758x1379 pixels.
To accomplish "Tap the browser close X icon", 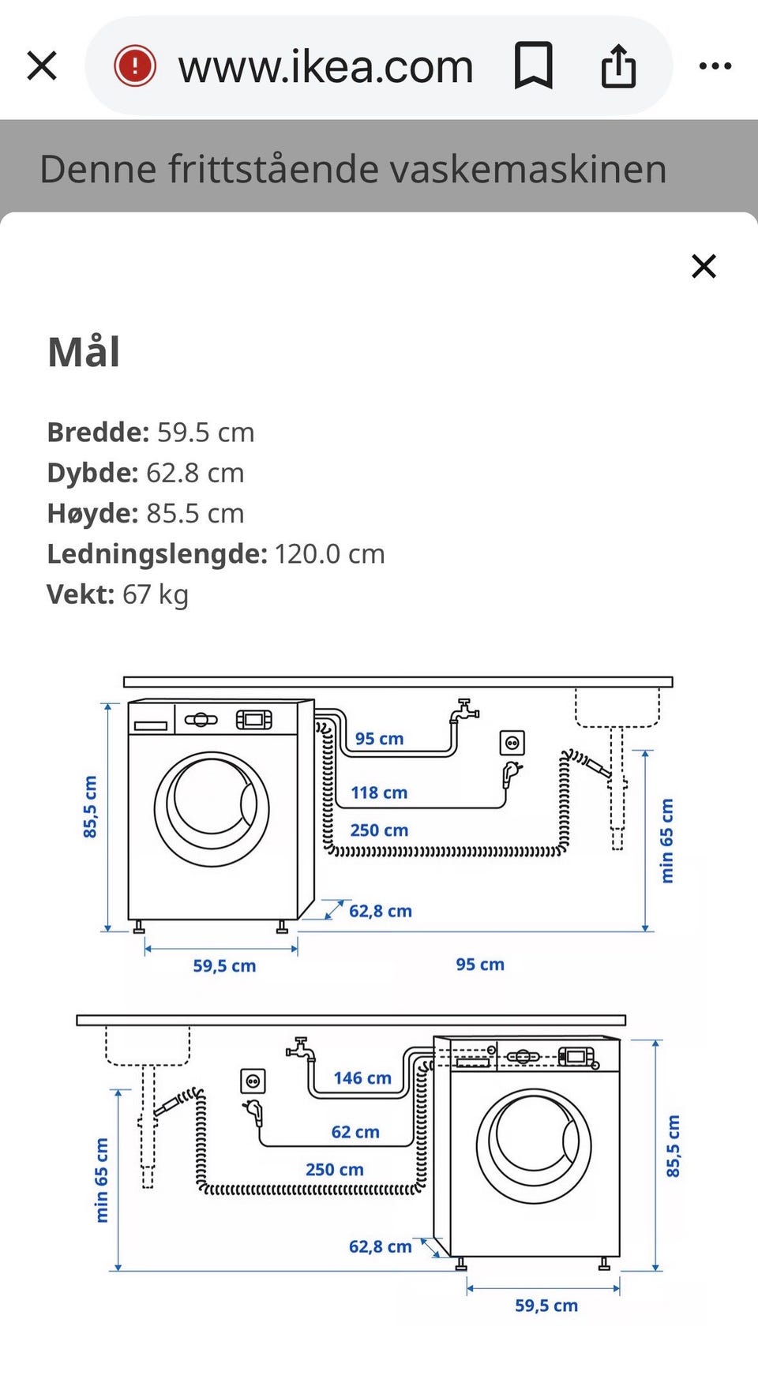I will coord(42,66).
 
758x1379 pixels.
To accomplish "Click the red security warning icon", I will coord(135,66).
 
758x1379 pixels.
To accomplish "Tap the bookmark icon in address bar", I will coord(533,66).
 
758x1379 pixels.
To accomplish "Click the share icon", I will coord(618,66).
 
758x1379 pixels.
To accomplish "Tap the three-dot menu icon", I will coord(715,66).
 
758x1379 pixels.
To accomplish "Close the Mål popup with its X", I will coord(704,266).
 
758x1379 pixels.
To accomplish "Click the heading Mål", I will coord(84,352).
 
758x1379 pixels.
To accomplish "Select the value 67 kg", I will coord(156,594).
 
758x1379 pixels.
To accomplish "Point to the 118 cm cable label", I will coord(379,793).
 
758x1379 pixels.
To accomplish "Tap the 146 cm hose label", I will coord(362,1078).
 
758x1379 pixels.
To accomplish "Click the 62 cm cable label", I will coord(355,1132).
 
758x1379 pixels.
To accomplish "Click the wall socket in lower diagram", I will coord(253,1081).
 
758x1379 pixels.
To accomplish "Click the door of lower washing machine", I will coord(534,1145).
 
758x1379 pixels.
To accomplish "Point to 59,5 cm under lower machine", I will coord(546,1306).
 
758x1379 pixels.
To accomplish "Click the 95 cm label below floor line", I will coord(480,965).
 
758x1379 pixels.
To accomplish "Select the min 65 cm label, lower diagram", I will coord(101,1180).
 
